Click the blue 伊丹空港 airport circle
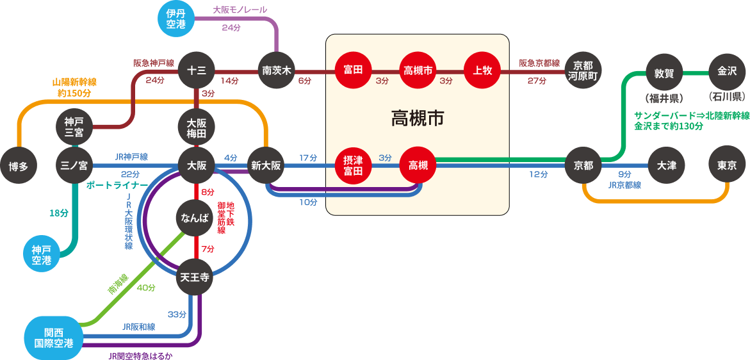coord(176,18)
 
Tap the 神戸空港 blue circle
coord(42,254)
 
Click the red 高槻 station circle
coord(418,165)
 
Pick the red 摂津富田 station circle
coord(354,165)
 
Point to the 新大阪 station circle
coord(266,165)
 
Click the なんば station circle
coord(195,218)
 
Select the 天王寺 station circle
coord(195,277)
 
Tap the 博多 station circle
coord(19,166)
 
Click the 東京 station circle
coord(727,165)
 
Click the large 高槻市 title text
coord(418,119)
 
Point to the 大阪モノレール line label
coord(240,10)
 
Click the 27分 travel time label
coord(537,81)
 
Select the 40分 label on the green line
coord(146,288)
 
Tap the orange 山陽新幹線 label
coord(74,83)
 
